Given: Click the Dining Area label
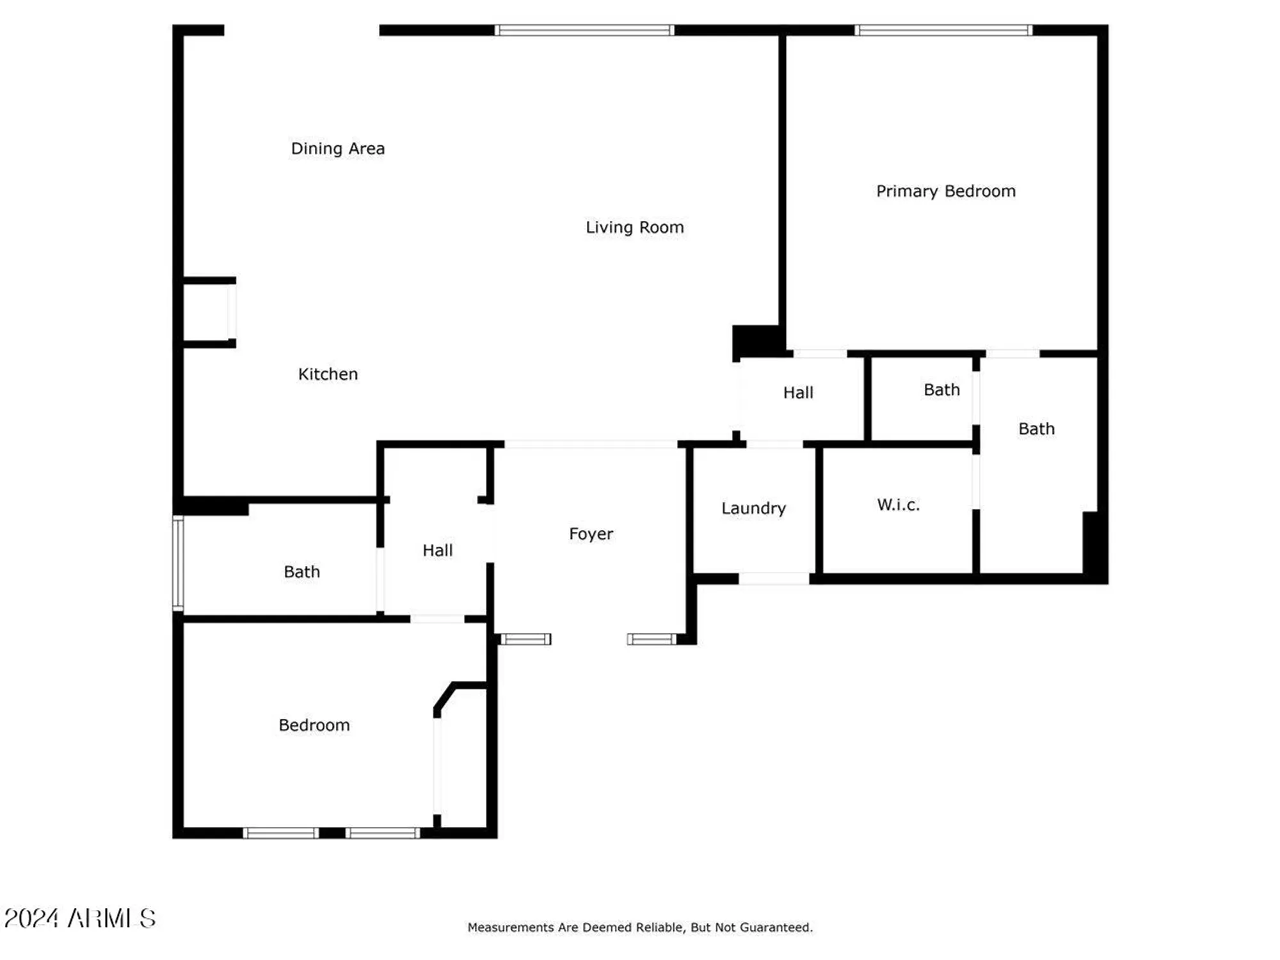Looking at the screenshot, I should click(x=338, y=148).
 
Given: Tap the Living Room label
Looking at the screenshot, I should click(x=634, y=227).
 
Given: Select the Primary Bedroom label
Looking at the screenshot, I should click(x=945, y=191).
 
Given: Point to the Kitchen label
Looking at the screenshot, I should click(x=328, y=374).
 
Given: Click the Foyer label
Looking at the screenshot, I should click(x=591, y=534).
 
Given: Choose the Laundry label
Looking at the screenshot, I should click(x=753, y=508).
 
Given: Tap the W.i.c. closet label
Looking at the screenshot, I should click(x=898, y=505).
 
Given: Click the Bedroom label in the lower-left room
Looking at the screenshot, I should click(x=314, y=725).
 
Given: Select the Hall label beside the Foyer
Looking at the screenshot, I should click(x=438, y=550).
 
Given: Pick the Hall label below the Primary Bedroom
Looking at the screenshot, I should click(x=798, y=392).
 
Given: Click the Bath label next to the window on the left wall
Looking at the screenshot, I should click(x=301, y=572).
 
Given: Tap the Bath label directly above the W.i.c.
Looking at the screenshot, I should click(x=941, y=390).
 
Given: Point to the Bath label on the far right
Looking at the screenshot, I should click(x=1036, y=429).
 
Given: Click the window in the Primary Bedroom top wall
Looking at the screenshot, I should click(x=943, y=30).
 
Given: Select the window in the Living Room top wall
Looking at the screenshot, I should click(x=584, y=30).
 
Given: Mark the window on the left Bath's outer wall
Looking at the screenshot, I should click(x=179, y=563).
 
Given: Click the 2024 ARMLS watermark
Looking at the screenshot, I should click(x=80, y=918).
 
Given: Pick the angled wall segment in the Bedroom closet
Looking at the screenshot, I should click(x=445, y=696).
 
